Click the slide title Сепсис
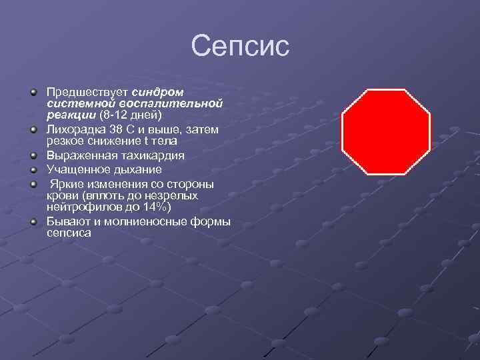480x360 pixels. (x=240, y=47)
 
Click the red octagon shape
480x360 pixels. (x=386, y=131)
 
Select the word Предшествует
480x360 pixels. (x=88, y=91)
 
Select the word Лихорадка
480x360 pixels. (x=73, y=129)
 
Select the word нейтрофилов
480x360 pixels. (x=80, y=207)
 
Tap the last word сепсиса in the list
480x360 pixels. (x=69, y=233)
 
